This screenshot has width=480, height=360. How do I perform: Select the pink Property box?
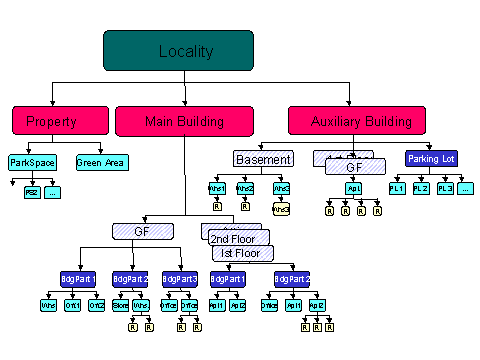click(x=51, y=121)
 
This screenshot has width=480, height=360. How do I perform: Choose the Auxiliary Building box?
click(x=350, y=121)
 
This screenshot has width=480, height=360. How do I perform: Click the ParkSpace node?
click(x=33, y=162)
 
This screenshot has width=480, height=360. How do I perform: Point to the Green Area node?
click(x=101, y=162)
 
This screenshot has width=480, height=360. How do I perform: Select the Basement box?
click(x=263, y=159)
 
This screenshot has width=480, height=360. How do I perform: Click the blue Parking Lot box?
click(x=431, y=158)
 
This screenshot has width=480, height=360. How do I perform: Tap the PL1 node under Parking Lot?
click(x=397, y=188)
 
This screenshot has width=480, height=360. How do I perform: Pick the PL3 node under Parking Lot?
click(x=445, y=188)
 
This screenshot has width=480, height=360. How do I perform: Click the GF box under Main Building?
click(x=141, y=231)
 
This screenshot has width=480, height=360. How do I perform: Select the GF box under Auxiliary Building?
click(x=354, y=169)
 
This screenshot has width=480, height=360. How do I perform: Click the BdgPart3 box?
click(x=181, y=279)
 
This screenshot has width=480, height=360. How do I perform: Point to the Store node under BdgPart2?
click(x=120, y=304)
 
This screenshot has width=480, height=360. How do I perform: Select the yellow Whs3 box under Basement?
click(x=281, y=209)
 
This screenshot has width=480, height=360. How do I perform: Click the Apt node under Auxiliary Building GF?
click(x=353, y=188)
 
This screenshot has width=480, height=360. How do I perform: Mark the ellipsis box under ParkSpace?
click(x=53, y=192)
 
